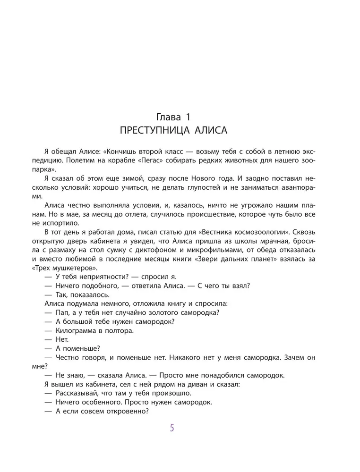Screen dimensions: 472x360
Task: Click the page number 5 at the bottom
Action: point(172,428)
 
